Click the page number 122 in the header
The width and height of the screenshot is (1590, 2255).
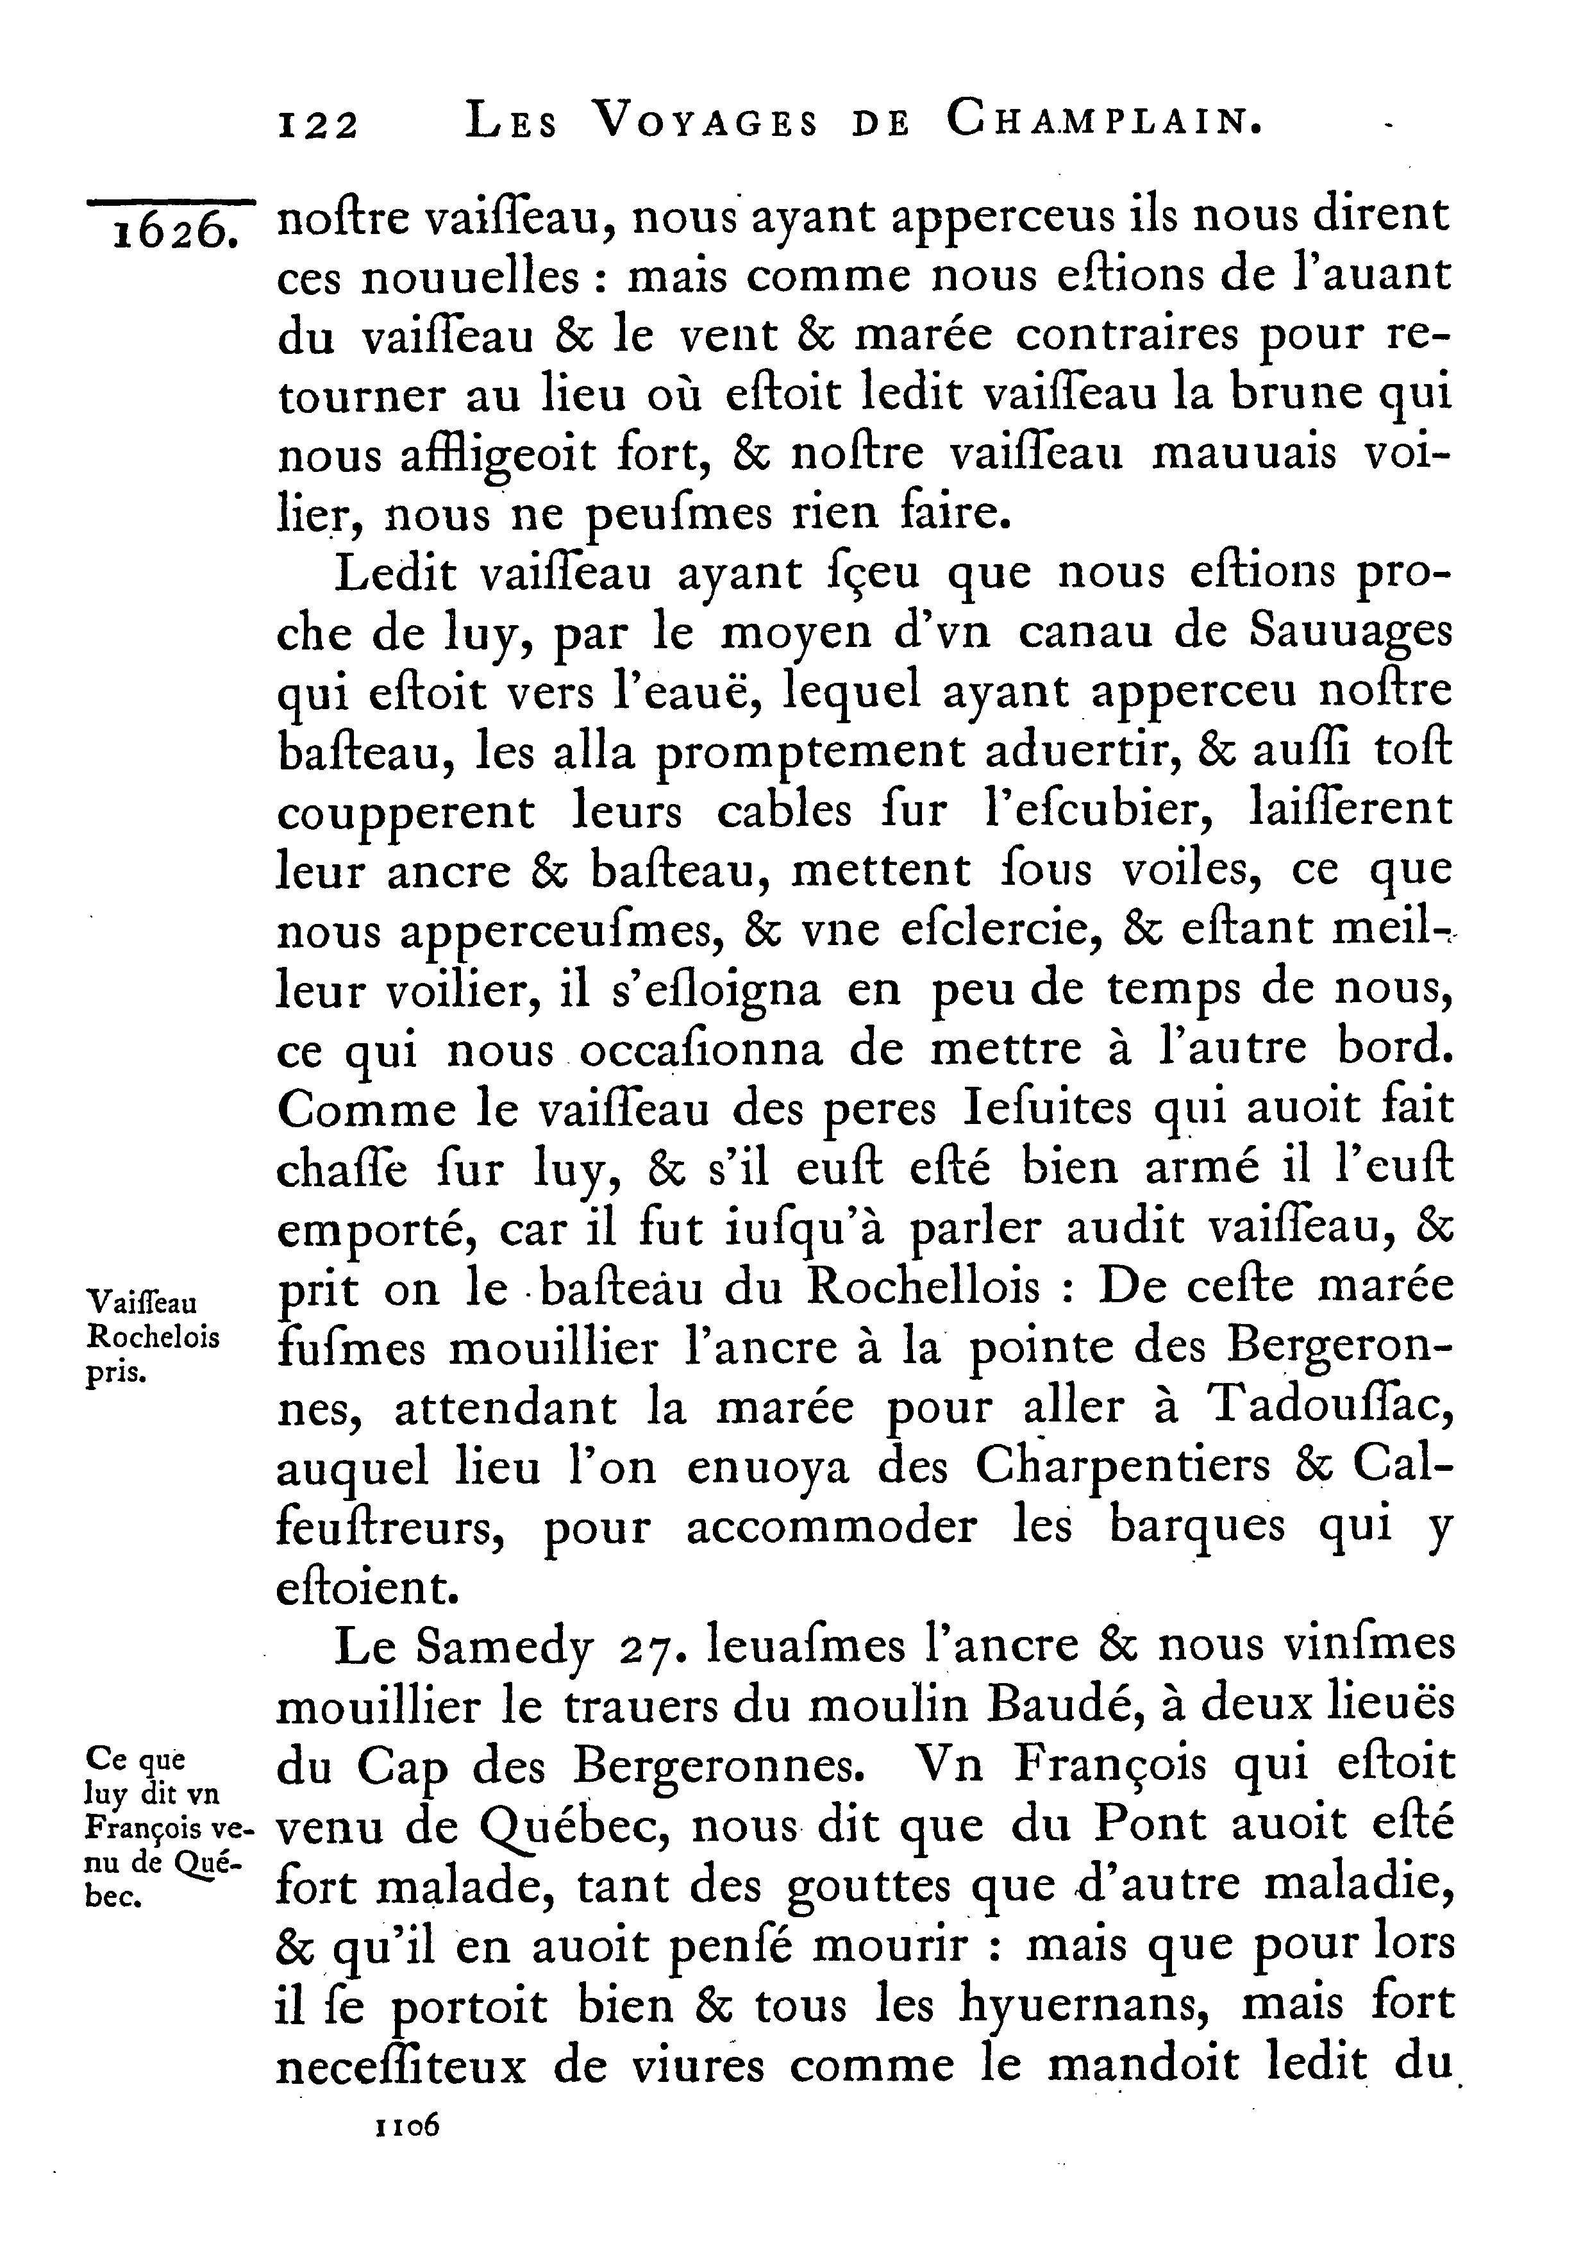(319, 126)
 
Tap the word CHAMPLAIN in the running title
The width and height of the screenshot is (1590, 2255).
(1103, 122)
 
